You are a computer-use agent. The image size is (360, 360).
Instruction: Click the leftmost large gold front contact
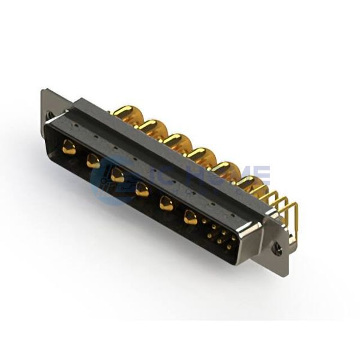click(x=69, y=147)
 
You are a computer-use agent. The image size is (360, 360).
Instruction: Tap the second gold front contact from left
click(x=93, y=161)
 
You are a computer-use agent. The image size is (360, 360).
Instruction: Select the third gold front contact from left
click(x=117, y=175)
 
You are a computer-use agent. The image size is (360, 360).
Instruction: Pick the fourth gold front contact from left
click(x=142, y=189)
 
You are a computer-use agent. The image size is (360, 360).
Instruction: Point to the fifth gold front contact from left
click(x=166, y=203)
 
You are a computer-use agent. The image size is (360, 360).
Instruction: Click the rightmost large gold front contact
click(x=190, y=217)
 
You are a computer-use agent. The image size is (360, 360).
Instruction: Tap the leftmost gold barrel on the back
click(x=125, y=112)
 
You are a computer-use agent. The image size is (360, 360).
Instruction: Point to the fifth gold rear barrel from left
click(x=224, y=170)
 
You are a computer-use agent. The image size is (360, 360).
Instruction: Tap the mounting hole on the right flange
click(x=277, y=246)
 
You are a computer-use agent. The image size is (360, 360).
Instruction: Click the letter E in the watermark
click(x=262, y=173)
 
